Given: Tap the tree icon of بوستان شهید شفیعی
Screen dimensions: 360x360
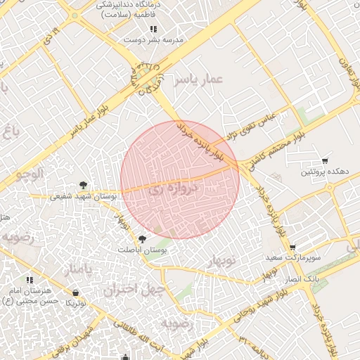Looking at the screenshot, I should (x=84, y=185).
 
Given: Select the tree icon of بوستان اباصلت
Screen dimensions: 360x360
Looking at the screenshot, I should (x=142, y=239).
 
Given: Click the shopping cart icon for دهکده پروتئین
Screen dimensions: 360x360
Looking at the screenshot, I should (x=324, y=161).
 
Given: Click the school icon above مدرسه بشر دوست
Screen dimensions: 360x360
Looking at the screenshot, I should (x=153, y=30).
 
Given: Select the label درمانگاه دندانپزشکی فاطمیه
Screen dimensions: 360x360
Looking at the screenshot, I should (x=130, y=9).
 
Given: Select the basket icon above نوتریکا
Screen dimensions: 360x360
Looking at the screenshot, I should (x=75, y=292).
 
